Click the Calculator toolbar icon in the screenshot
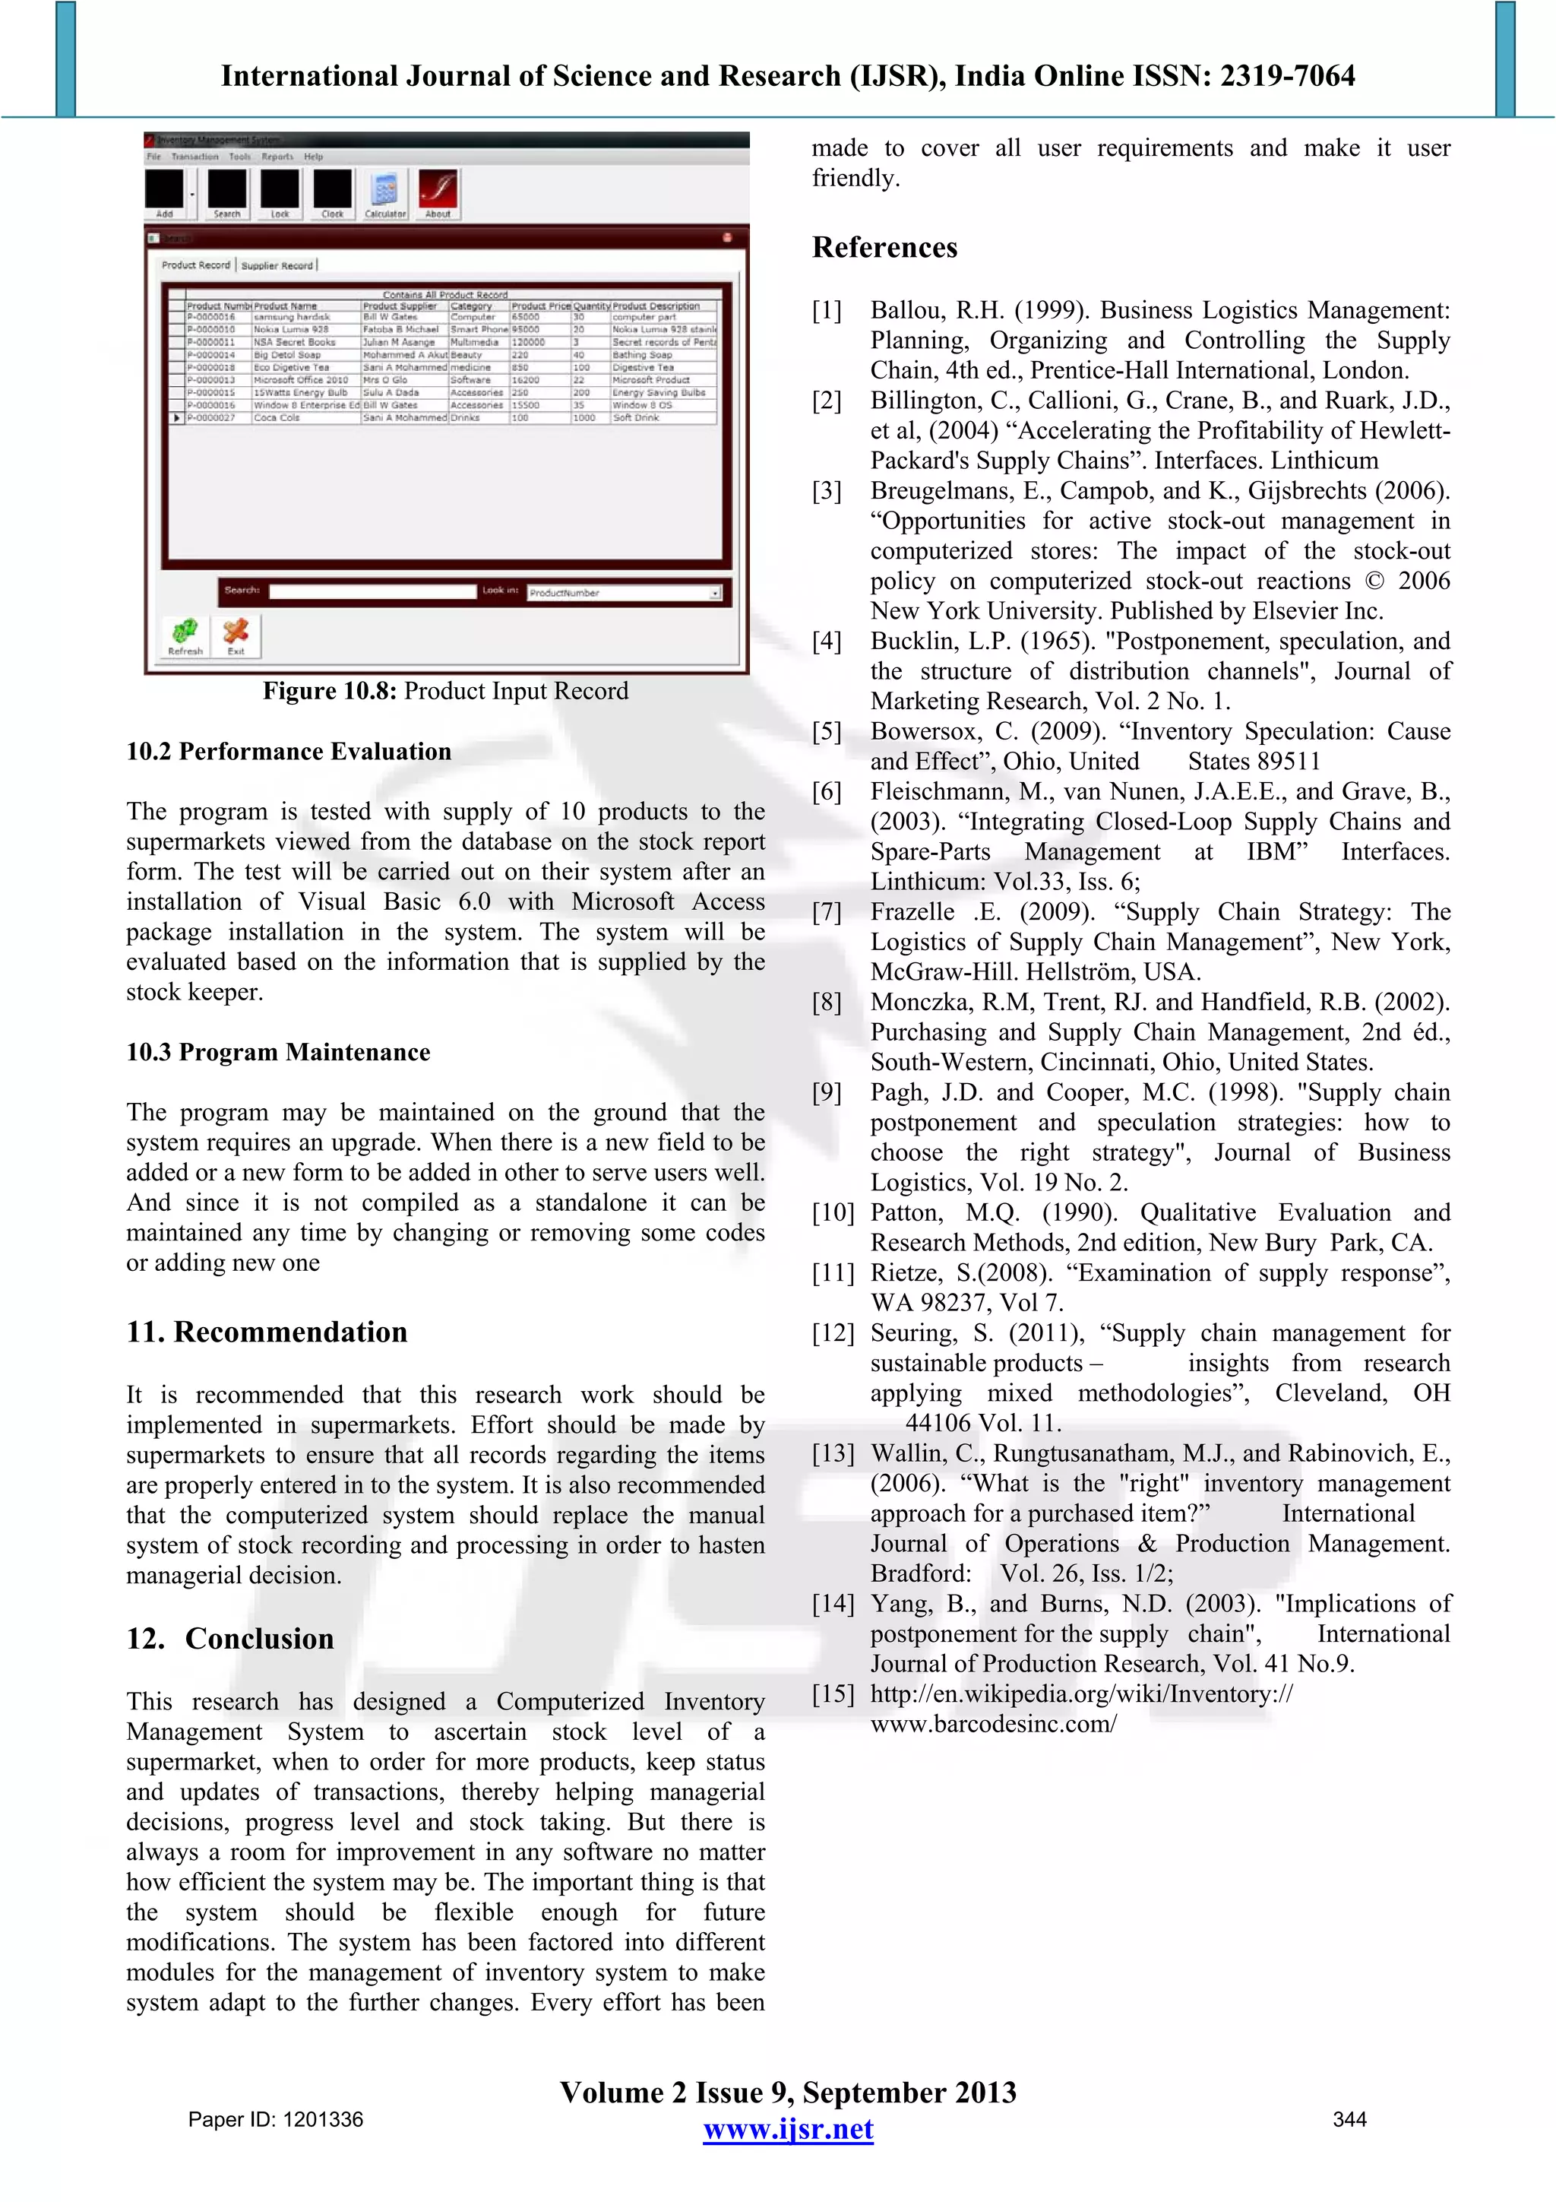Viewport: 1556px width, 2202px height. [385, 191]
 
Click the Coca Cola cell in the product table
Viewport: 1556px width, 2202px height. [277, 418]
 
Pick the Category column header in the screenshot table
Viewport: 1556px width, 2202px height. [472, 306]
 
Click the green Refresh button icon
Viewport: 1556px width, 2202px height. [185, 632]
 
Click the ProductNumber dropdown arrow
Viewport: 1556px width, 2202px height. [715, 594]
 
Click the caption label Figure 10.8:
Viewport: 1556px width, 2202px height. [330, 692]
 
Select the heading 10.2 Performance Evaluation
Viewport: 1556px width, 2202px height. [289, 752]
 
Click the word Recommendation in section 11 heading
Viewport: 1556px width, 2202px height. [290, 1332]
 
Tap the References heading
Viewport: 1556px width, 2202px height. [884, 248]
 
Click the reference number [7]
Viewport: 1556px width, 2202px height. [827, 912]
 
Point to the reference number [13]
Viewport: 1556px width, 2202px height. [832, 1454]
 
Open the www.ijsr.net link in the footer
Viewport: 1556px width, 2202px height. [788, 2130]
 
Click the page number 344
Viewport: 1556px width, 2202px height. [1349, 2119]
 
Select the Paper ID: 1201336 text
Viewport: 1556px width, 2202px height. [275, 2119]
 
